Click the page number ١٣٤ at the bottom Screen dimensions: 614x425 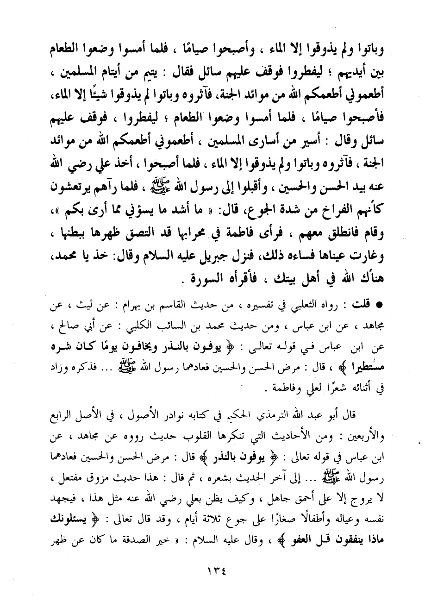click(212, 571)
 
